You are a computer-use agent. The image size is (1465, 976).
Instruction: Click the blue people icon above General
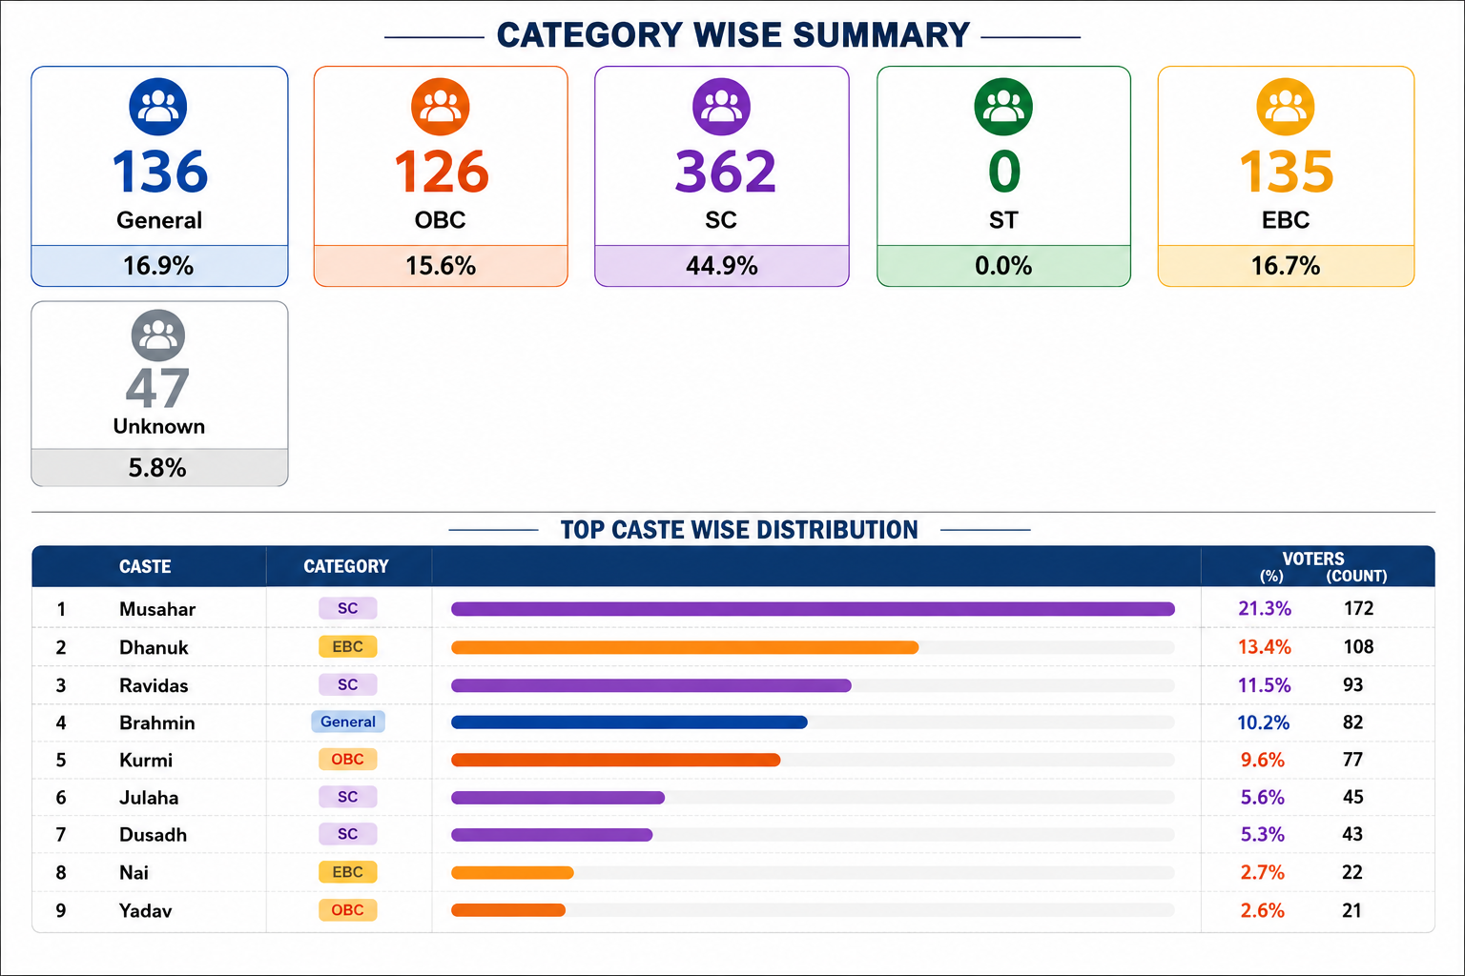tap(158, 107)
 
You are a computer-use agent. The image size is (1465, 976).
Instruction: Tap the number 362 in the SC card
tap(725, 172)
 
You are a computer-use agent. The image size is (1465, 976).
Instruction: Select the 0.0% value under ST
tap(1003, 266)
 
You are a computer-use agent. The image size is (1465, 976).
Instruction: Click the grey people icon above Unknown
tap(158, 335)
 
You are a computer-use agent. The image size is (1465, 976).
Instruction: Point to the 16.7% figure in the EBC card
tap(1286, 266)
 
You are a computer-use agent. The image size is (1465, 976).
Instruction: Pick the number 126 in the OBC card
tap(442, 172)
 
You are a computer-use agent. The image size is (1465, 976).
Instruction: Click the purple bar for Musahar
tap(813, 609)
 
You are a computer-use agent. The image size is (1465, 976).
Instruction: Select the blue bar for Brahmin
tap(629, 722)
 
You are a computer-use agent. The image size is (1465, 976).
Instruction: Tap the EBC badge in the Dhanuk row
tap(347, 646)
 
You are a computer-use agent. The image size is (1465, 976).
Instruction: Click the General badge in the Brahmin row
tap(348, 722)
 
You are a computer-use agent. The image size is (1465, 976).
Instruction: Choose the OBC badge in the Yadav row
tap(347, 910)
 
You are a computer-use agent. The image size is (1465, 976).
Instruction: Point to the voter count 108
tap(1358, 646)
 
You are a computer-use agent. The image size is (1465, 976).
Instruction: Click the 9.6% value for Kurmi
tap(1262, 760)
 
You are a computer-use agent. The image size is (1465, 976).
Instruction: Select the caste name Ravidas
tap(154, 685)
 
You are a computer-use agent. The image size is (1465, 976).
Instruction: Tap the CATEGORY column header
tap(346, 566)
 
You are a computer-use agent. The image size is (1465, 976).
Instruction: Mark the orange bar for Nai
tap(512, 873)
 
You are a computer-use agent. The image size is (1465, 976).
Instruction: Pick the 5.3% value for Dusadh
tap(1262, 834)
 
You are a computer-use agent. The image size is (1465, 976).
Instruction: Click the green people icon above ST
tap(1003, 107)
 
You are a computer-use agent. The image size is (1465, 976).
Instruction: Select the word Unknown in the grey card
tap(159, 426)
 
